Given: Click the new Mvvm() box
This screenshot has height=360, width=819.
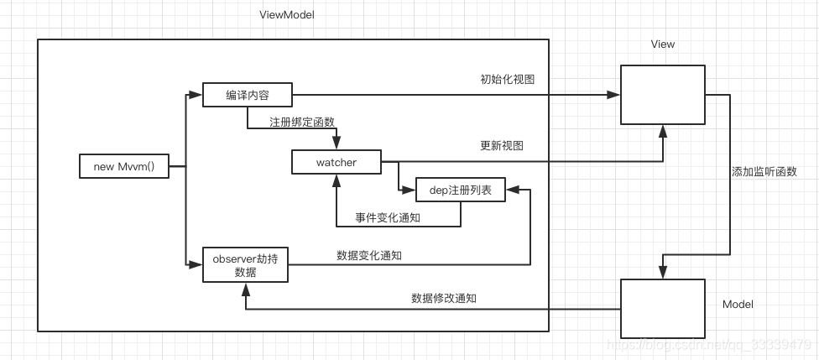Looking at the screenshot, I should (123, 166).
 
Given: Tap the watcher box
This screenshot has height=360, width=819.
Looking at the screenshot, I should (336, 162).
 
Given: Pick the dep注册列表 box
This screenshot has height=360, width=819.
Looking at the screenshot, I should (462, 191).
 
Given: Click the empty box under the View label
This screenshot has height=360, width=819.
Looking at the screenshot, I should (662, 94).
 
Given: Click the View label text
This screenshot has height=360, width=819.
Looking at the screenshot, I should (662, 44).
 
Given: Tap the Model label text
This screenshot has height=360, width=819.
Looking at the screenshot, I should (738, 304).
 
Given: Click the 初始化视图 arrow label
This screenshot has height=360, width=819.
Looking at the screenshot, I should (507, 80).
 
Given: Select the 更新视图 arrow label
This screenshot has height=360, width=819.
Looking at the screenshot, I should (501, 145).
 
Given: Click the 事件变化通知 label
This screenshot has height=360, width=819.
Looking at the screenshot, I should (387, 217).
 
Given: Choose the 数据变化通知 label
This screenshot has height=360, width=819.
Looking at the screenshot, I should (368, 255).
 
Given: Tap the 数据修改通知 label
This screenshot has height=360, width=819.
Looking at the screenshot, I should (444, 298).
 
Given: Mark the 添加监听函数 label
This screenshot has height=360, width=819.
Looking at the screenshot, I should (764, 171).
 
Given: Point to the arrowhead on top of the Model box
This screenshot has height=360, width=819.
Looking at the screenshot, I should (662, 272).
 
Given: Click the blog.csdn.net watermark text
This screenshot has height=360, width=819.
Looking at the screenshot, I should (709, 345).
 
